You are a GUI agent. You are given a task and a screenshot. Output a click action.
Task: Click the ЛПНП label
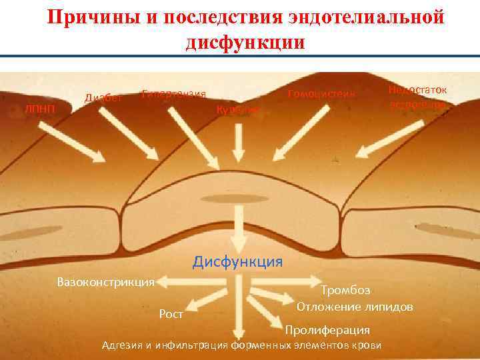(40, 108)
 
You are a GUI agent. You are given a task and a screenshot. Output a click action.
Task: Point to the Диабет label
(103, 98)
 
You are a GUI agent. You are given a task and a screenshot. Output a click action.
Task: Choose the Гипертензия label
(174, 94)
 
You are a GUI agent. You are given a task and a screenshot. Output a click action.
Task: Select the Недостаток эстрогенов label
(418, 97)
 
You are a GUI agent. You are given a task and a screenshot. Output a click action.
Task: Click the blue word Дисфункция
(237, 261)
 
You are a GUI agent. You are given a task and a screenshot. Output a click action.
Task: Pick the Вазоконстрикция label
(106, 281)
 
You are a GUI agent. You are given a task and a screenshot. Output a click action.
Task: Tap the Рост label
(172, 313)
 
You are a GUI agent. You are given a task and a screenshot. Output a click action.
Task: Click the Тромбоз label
(345, 290)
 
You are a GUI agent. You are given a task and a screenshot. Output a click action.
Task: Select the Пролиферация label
(327, 330)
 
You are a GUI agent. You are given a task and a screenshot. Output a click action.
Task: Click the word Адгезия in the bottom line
(120, 345)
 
